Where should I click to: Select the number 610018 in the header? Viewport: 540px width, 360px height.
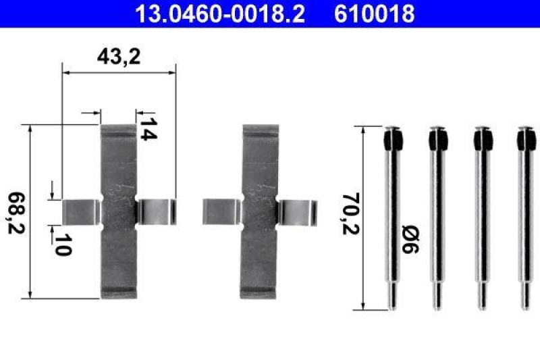coord(373,13)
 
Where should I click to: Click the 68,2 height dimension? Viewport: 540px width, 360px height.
coord(16,211)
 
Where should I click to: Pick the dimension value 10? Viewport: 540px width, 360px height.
coord(63,245)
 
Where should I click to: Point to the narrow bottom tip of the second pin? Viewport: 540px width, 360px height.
coord(437,294)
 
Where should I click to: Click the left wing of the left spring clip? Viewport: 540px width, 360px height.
coord(81,211)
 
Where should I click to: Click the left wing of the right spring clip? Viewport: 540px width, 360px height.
coord(222,211)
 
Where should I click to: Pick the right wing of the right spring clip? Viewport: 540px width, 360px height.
coord(298,211)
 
